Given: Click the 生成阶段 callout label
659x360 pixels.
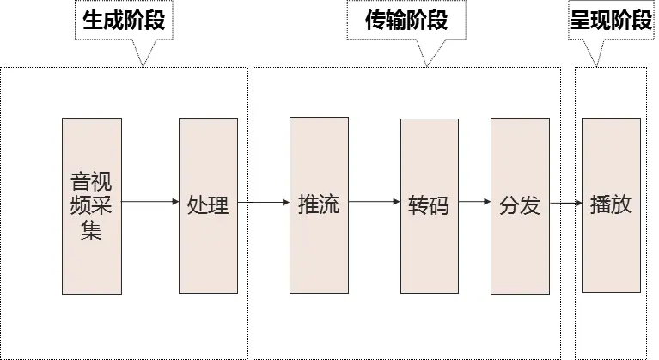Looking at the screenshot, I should point(125,21).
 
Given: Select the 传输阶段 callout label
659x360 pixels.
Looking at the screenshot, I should point(407,21).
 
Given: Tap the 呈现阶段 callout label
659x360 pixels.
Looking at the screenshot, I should point(610,21).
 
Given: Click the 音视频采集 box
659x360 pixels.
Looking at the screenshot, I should point(91,206).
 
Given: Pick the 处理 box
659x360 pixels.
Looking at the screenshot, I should point(208,206).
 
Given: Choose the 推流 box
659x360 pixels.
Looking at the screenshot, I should point(319,206).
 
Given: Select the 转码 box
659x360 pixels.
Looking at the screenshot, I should point(430,206).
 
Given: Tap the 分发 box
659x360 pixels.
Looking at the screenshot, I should point(520,206).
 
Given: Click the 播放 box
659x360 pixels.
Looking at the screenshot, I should point(611,206).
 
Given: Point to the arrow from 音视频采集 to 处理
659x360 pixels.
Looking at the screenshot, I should point(149,204).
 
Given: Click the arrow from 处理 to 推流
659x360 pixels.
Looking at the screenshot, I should point(263,204).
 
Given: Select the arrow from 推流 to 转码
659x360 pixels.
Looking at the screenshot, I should point(374,204).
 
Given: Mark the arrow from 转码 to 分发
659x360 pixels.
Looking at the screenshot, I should point(474,204).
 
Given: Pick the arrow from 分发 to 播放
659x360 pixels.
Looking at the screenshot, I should point(565,204).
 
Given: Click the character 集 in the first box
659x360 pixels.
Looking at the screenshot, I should point(91,230).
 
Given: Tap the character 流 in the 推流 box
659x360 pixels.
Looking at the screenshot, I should point(329,205).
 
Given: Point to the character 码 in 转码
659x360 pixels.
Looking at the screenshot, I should point(440,206).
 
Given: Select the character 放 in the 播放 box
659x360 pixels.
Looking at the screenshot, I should point(621,205).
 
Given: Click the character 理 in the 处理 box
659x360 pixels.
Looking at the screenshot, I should point(218,205).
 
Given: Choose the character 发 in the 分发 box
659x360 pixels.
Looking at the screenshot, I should point(530,205).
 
